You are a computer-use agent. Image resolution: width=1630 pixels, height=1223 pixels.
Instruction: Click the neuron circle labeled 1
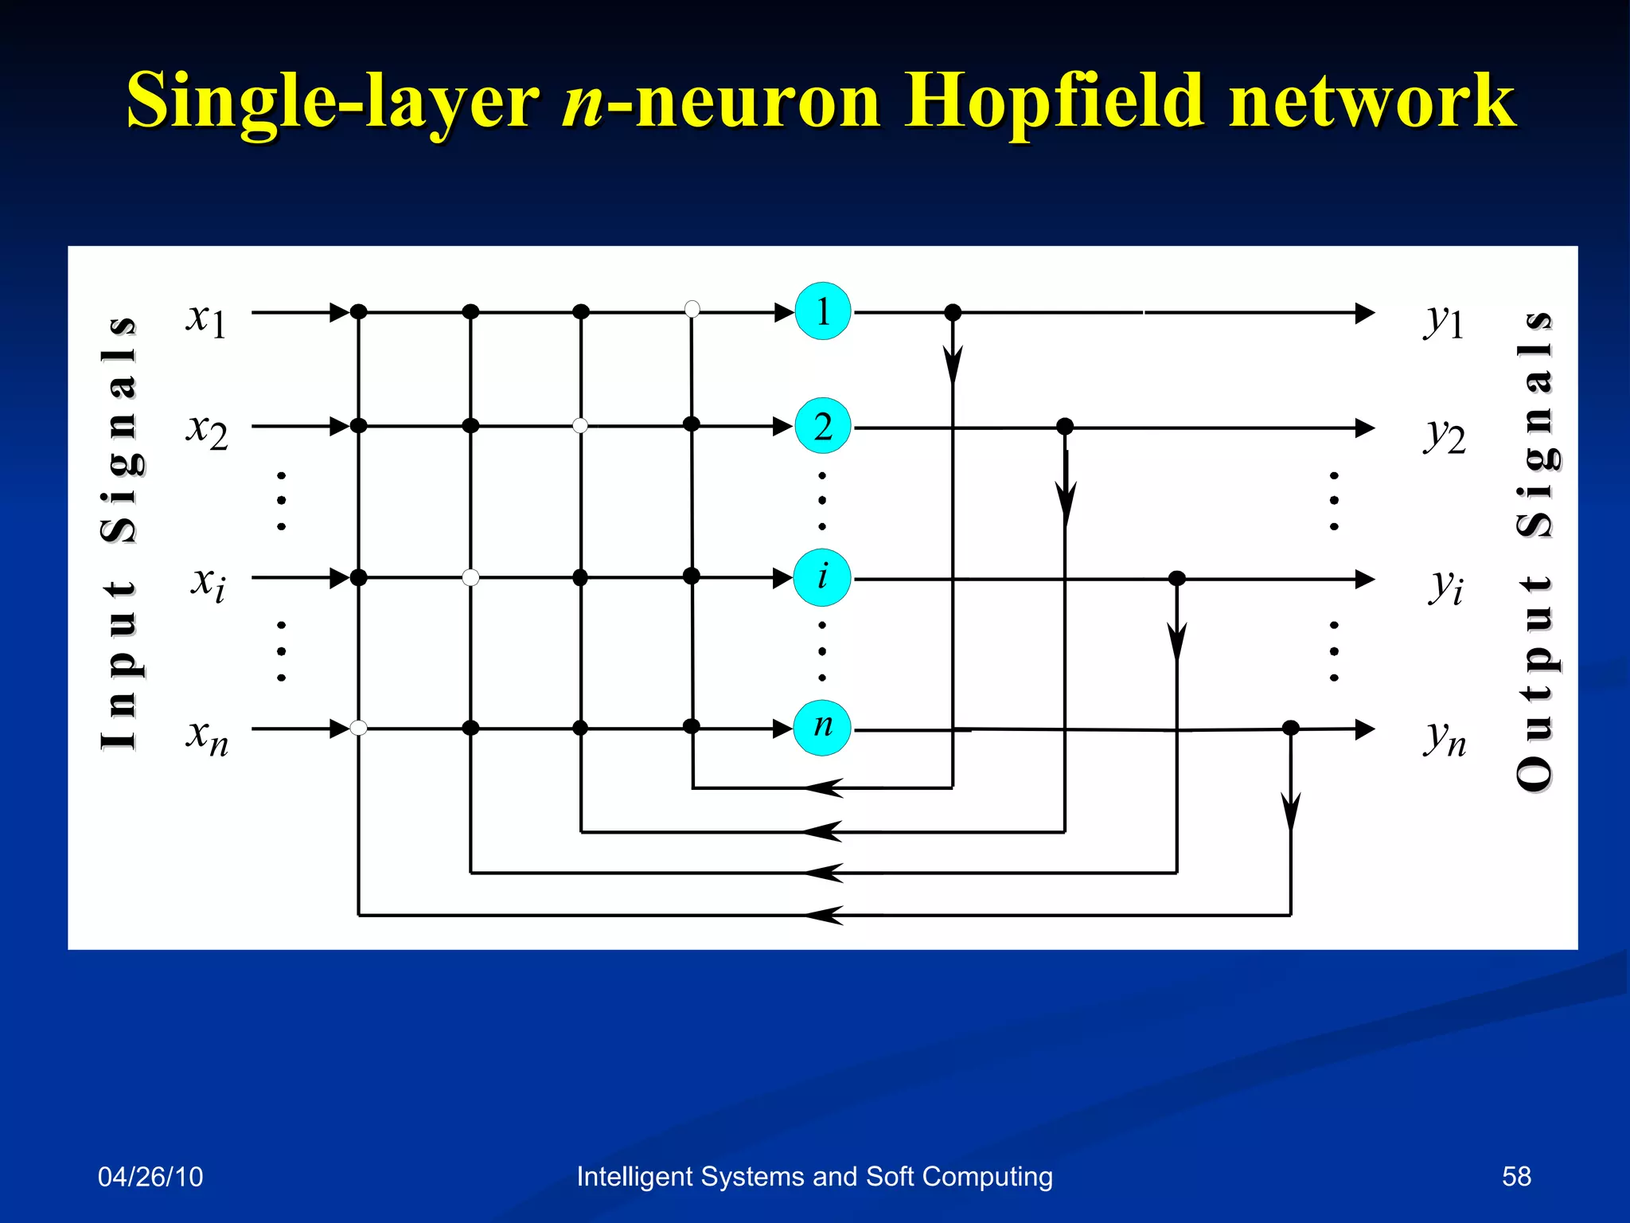tap(823, 311)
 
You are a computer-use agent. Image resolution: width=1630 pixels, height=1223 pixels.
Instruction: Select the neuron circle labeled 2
tap(823, 426)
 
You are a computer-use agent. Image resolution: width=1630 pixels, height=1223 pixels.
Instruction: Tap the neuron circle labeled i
tap(822, 577)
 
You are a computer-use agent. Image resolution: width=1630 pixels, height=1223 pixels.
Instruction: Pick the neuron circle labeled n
tap(822, 727)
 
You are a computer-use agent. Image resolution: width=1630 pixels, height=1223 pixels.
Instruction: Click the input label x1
tap(206, 318)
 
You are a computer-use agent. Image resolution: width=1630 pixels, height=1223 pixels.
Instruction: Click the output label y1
tap(1444, 320)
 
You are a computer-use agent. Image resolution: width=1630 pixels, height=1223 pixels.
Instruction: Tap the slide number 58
tap(1515, 1176)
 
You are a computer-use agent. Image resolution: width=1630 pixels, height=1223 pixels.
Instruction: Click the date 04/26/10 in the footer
tap(150, 1176)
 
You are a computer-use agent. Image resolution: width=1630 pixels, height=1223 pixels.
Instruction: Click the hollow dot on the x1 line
tap(692, 309)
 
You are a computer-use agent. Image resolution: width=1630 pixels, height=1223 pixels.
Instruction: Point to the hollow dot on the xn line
tap(359, 728)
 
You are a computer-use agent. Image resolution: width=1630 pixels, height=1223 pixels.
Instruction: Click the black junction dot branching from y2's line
tap(1065, 427)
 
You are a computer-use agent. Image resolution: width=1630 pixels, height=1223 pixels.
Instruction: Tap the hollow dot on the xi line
tap(471, 577)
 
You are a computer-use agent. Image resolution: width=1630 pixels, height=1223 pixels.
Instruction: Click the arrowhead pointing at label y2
tap(1364, 428)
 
